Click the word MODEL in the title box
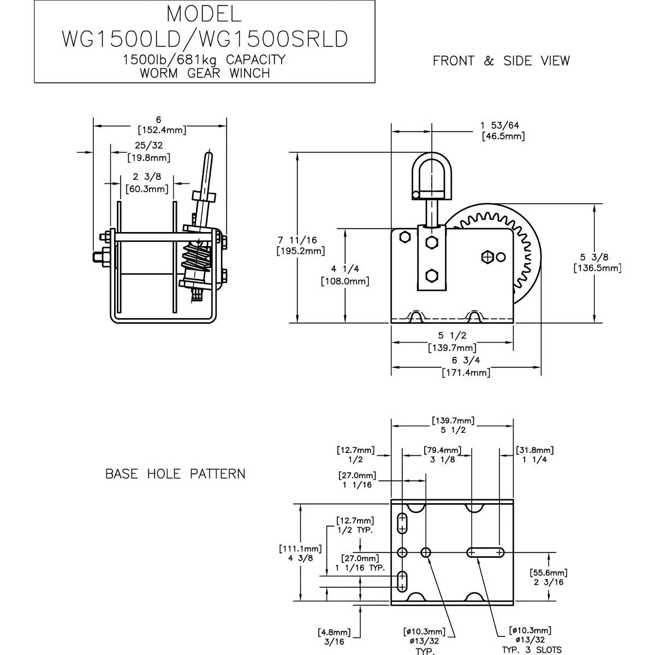click(203, 13)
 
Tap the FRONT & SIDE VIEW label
click(501, 61)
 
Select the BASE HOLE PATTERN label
click(175, 474)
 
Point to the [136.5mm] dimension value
click(598, 268)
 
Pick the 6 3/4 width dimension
click(465, 361)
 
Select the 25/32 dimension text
click(148, 145)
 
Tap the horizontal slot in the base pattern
click(485, 552)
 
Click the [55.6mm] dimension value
click(549, 573)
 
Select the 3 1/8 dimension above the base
click(442, 460)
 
